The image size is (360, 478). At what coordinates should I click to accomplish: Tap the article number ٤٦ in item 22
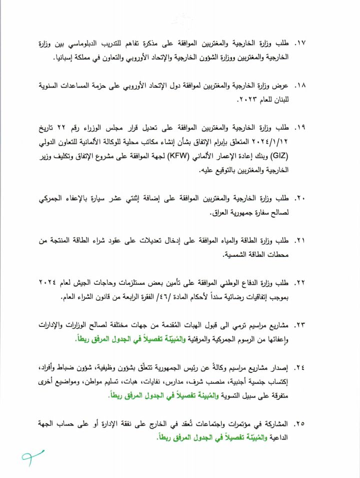[x=144, y=297]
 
